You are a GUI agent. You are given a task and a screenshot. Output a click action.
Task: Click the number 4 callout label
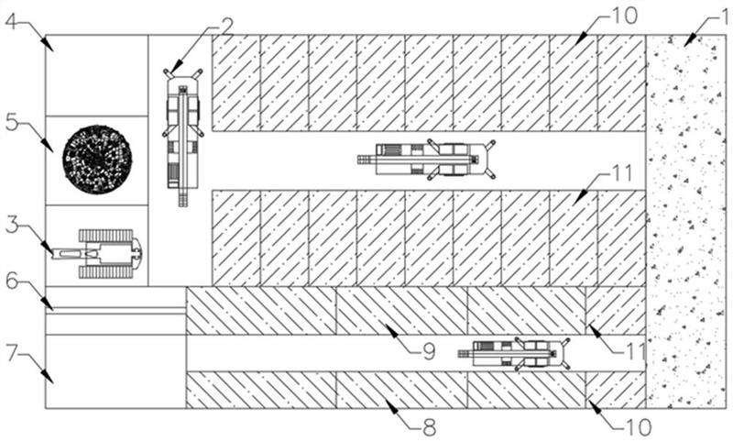pyautogui.click(x=13, y=21)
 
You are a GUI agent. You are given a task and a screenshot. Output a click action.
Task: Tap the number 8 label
pyautogui.click(x=429, y=427)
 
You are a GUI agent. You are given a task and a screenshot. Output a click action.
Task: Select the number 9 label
pyautogui.click(x=428, y=351)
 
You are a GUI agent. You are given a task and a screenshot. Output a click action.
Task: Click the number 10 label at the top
pyautogui.click(x=624, y=16)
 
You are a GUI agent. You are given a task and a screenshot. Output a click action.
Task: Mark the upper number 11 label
pyautogui.click(x=619, y=173)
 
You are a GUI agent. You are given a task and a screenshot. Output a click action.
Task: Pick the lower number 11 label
pyautogui.click(x=634, y=351)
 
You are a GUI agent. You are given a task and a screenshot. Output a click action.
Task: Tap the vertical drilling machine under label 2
pyautogui.click(x=182, y=137)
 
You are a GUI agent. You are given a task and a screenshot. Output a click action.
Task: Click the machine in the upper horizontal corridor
pyautogui.click(x=426, y=160)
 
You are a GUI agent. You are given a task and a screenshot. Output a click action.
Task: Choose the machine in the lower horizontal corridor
pyautogui.click(x=514, y=354)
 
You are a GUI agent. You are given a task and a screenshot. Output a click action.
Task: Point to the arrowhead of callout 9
pyautogui.click(x=392, y=332)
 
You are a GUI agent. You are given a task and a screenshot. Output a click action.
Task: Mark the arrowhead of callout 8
pyautogui.click(x=392, y=408)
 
